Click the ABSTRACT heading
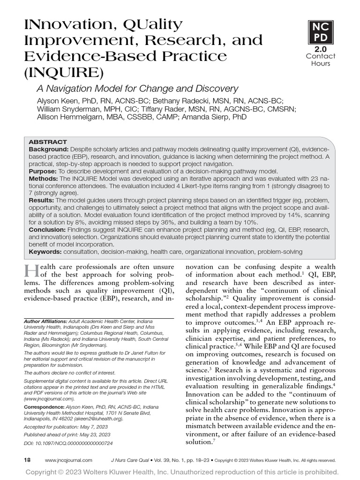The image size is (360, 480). tap(48, 142)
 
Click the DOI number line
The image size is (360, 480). tap(68, 442)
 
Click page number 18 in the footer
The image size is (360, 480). tap(27, 460)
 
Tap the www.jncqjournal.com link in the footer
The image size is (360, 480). tap(68, 460)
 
